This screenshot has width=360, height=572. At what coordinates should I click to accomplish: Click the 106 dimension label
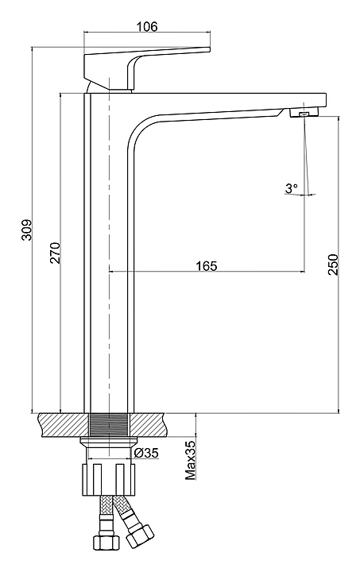tap(147, 26)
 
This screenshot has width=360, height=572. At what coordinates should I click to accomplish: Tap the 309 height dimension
tap(27, 230)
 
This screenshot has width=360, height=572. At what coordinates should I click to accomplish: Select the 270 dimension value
tap(55, 253)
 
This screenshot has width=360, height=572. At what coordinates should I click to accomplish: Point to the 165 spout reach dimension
tap(207, 265)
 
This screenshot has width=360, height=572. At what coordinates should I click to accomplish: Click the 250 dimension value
tap(333, 264)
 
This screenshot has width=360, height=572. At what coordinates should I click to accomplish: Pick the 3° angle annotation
tap(292, 188)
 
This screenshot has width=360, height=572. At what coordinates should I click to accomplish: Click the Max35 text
tap(191, 460)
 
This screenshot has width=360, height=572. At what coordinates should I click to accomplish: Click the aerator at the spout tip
tap(304, 114)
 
